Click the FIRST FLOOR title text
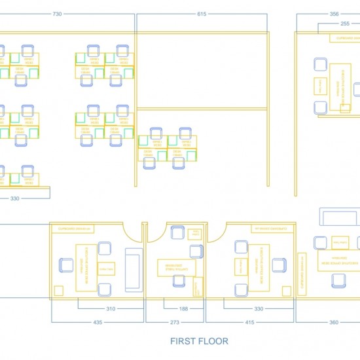click(x=199, y=341)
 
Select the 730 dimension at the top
click(x=58, y=14)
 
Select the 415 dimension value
click(x=249, y=322)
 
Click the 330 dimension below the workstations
click(x=14, y=198)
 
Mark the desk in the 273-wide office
click(x=171, y=266)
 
